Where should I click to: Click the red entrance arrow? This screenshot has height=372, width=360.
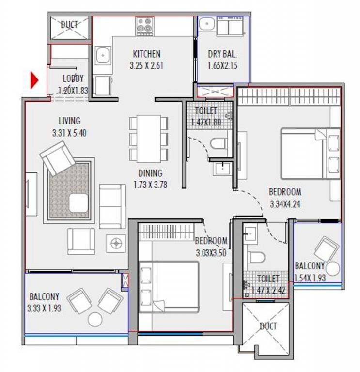point(34,80)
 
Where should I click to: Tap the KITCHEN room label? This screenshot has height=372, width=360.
point(147,54)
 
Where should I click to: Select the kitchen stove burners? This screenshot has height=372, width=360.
point(145,26)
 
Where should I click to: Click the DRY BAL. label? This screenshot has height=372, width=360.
point(222,54)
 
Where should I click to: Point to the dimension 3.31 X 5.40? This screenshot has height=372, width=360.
point(69,133)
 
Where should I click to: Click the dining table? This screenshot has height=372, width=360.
point(149,139)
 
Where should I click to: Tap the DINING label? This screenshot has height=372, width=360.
point(150,173)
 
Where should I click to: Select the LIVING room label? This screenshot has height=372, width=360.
point(70,121)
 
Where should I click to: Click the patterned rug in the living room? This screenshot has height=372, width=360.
point(69,190)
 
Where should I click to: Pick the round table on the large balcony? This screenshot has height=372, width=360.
point(95,319)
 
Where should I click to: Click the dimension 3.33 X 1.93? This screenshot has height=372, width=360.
point(44,308)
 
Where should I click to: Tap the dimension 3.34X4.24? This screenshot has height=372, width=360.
point(285,204)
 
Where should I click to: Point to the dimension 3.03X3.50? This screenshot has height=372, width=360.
point(211,253)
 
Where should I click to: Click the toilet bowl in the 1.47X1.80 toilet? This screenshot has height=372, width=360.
point(218,143)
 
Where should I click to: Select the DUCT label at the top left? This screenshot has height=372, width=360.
point(69,24)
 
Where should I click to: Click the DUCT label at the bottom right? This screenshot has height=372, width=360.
point(268,326)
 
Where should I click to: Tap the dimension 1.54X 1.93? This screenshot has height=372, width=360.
point(310,278)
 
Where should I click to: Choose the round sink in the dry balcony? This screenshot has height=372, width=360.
point(207,24)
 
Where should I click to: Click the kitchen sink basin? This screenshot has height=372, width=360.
point(103,56)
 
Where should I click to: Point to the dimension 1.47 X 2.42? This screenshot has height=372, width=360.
point(268,290)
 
